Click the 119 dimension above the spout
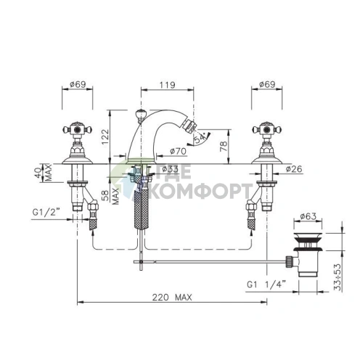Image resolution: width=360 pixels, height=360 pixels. pos(167,85)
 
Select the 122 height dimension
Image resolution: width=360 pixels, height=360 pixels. pos(105,136)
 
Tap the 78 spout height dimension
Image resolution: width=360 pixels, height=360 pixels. pos(224,146)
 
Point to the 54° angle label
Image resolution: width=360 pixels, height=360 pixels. pos(200,139)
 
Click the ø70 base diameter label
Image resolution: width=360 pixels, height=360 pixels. pos(178,151)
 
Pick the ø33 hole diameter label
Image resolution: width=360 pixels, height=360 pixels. pos(170,168)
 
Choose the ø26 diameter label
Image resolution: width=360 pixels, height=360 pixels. pos(294,169)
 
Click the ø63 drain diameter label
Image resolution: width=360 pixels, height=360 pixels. pos(308,216)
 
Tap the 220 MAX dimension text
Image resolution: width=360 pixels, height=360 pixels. pos(172,298)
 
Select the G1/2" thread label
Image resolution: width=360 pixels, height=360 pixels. pos(46,213)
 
